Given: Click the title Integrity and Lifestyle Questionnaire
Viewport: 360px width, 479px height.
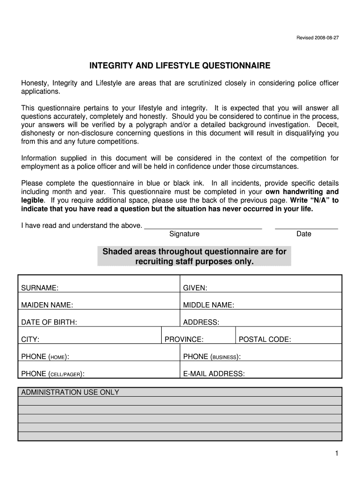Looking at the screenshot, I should tap(180, 66).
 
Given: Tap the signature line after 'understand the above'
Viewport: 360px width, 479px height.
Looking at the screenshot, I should tap(203, 226).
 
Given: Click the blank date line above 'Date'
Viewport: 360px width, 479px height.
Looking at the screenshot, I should tap(306, 226).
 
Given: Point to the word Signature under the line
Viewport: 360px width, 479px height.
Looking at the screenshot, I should tap(184, 234).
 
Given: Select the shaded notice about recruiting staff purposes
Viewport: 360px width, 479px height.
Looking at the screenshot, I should tap(194, 257).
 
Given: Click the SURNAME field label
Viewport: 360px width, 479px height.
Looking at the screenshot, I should tap(40, 288).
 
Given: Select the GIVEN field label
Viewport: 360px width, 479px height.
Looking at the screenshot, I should tap(195, 288).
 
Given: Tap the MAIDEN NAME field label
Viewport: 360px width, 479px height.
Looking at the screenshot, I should tap(47, 305).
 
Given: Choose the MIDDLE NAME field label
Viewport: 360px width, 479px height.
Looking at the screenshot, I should tap(209, 305).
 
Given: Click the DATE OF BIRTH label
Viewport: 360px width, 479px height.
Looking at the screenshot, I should tap(49, 322).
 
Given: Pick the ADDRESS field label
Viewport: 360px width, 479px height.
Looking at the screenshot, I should tap(201, 322).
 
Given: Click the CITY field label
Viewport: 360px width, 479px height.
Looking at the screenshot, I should tap(30, 340).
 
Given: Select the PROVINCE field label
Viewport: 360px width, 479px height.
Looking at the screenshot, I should tap(184, 340).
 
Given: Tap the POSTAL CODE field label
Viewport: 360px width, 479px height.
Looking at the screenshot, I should tap(265, 340).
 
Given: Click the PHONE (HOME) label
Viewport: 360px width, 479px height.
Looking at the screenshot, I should tap(45, 357).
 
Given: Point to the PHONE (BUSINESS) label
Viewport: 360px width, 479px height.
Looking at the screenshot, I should tap(212, 357).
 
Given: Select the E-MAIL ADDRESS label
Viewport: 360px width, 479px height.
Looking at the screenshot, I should tap(214, 374).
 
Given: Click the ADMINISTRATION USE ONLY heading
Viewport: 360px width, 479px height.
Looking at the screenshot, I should tap(70, 392).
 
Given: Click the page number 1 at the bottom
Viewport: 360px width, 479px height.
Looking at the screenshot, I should tap(336, 453).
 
